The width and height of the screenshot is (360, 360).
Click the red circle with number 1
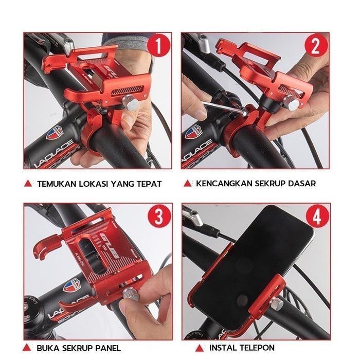click(x=159, y=47)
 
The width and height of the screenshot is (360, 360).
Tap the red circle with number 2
click(x=316, y=47)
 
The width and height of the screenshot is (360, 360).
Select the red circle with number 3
click(x=159, y=217)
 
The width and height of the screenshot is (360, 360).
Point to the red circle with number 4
click(x=316, y=217)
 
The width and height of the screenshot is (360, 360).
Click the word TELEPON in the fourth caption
click(x=257, y=348)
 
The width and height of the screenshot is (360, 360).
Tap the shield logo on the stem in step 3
click(x=71, y=284)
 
